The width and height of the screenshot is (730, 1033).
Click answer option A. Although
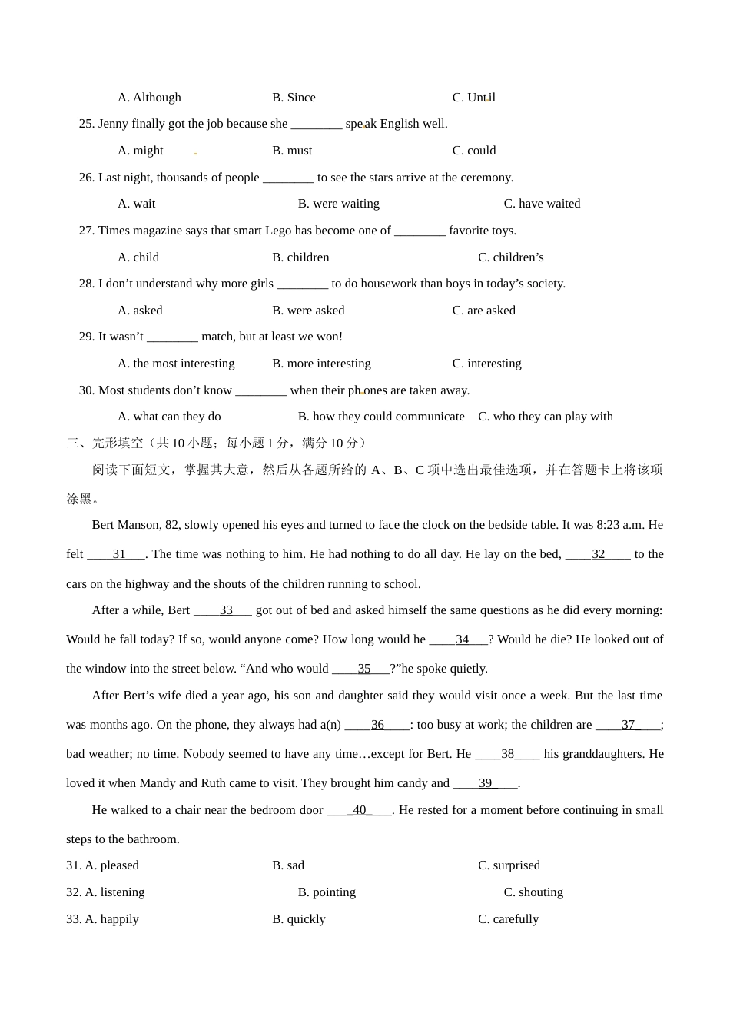[x=149, y=98]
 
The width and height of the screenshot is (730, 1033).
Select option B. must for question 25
[x=292, y=151]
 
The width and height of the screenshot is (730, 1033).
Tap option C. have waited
[x=542, y=204]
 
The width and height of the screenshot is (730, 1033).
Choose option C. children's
[x=510, y=257]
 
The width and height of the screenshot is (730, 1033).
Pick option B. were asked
[x=308, y=311]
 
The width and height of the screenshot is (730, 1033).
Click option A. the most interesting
[x=176, y=364]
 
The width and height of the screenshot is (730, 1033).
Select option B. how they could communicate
[x=381, y=417]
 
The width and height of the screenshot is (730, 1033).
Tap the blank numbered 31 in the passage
[x=118, y=554]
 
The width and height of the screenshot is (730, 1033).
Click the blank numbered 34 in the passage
[x=461, y=639]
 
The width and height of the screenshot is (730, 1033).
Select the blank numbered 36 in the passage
[x=377, y=725]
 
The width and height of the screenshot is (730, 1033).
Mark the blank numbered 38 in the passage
[x=507, y=754]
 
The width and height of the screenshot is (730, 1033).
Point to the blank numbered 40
[x=360, y=810]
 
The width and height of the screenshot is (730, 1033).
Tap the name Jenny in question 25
[x=113, y=124]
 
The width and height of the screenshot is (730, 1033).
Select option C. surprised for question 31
[x=509, y=865]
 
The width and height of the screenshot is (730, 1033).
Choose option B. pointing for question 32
[x=327, y=892]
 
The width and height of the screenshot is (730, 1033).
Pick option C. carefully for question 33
[x=508, y=919]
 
